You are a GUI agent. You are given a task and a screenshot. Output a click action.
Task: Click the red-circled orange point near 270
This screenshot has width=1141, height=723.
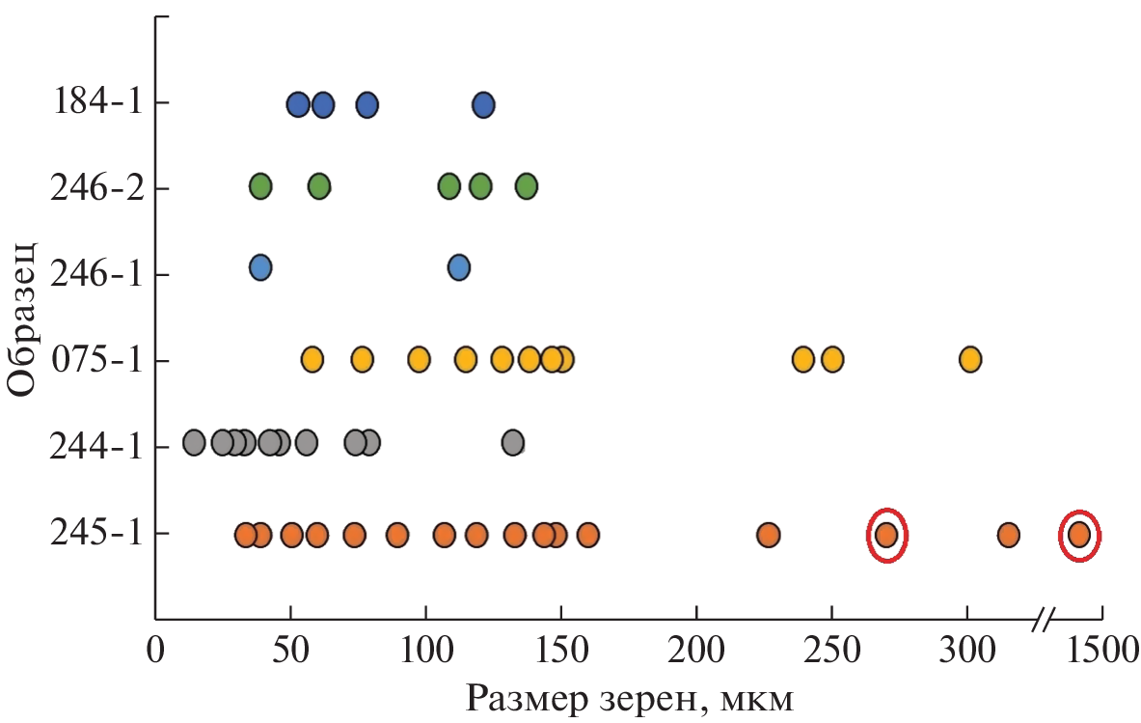click(x=886, y=534)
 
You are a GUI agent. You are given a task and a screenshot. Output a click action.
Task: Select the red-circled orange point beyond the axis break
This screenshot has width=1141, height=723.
click(x=1079, y=534)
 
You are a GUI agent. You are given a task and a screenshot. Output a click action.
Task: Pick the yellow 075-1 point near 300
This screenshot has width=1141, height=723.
click(x=969, y=359)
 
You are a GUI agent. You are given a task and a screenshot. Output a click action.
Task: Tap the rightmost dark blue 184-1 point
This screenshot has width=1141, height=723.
click(x=483, y=104)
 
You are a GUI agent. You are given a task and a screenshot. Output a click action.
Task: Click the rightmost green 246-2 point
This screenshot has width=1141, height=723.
click(x=526, y=185)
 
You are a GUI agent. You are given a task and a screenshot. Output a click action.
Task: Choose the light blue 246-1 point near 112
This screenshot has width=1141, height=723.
click(x=458, y=267)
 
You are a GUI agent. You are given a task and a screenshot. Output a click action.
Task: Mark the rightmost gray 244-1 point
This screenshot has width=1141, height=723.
click(x=512, y=443)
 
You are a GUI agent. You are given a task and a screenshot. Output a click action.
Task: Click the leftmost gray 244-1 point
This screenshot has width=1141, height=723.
click(x=194, y=443)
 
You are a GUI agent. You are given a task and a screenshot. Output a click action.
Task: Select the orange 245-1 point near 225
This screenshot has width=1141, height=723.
click(x=768, y=534)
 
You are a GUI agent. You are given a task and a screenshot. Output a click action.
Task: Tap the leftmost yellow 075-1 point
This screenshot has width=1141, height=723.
click(x=312, y=359)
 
